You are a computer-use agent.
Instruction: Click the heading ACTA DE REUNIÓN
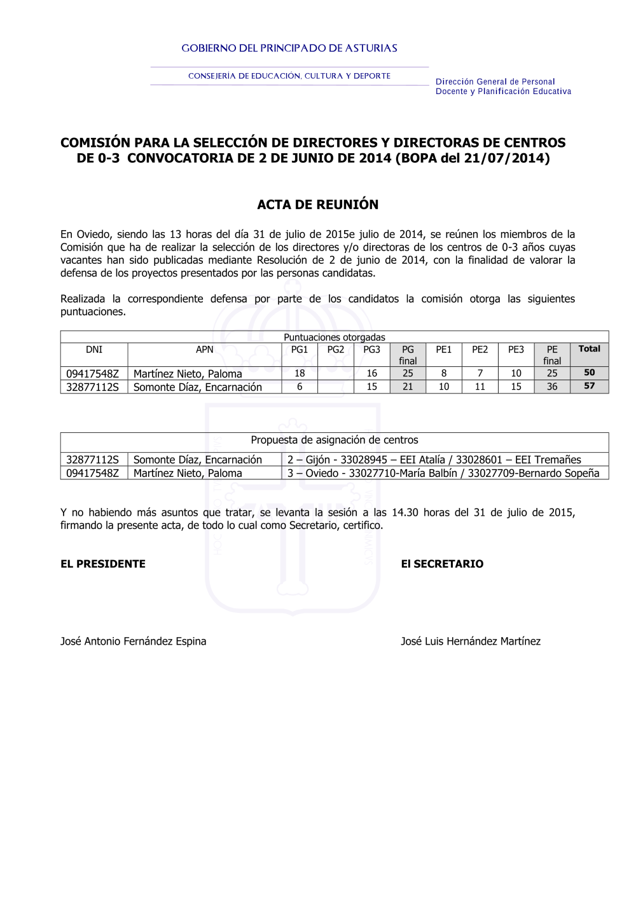point(317,205)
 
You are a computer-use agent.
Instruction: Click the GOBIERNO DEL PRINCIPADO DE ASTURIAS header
point(289,48)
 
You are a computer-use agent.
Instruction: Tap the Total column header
point(589,349)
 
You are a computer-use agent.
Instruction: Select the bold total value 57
point(589,386)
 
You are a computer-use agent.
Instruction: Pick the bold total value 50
point(589,373)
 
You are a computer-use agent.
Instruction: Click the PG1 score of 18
point(300,373)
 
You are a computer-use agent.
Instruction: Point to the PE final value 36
point(552,387)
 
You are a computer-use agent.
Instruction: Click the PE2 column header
point(480,350)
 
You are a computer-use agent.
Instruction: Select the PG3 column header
point(371,350)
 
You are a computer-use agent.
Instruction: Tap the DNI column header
point(94,350)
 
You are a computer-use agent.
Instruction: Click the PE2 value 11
point(480,387)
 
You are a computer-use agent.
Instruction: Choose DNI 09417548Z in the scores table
point(93,374)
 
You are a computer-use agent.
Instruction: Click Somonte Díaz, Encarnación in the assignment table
point(197,460)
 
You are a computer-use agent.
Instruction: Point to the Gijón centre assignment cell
point(434,460)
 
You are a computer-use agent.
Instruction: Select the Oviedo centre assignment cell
point(443,473)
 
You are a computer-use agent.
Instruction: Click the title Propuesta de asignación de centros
point(334,440)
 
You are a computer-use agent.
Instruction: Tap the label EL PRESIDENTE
point(103,564)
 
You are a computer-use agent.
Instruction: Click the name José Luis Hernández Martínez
point(471,642)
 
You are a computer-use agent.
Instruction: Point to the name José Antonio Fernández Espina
point(134,642)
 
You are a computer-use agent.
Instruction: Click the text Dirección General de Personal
point(495,82)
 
